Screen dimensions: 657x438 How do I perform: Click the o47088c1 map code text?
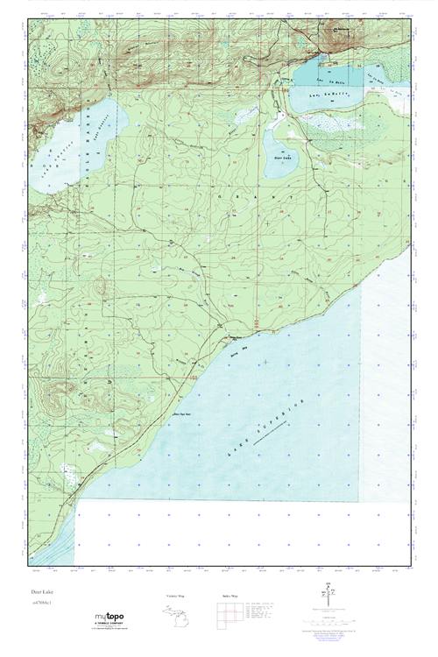click(x=40, y=604)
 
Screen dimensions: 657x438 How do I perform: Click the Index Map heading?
click(x=224, y=596)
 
